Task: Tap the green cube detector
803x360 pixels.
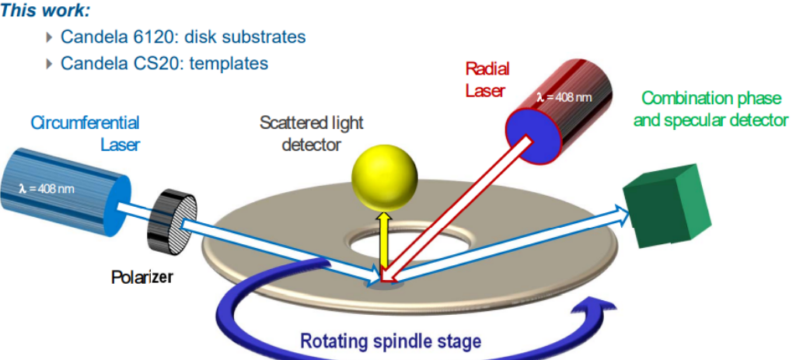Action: click(x=668, y=208)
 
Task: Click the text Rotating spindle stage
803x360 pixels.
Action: click(x=390, y=341)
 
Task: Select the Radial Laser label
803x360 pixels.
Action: click(x=485, y=80)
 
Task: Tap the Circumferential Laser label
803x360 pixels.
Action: click(x=85, y=133)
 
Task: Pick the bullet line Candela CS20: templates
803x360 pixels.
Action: click(x=164, y=64)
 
